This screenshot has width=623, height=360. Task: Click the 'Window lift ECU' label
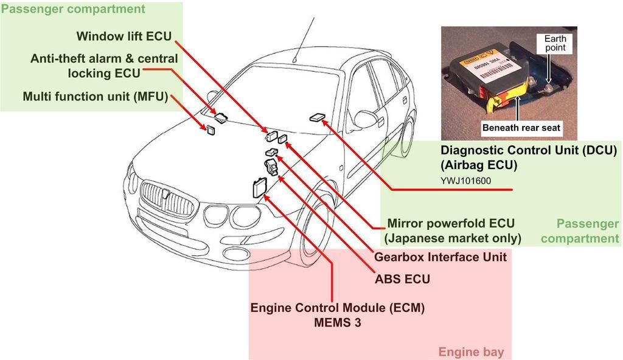(124, 36)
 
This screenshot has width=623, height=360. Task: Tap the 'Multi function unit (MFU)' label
(95, 96)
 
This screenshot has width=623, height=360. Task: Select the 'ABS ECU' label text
(402, 279)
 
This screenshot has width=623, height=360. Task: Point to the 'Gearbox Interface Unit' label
(440, 257)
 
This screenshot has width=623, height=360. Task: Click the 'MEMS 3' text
(338, 322)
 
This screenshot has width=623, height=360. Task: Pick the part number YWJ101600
(466, 180)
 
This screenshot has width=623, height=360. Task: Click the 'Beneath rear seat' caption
(521, 128)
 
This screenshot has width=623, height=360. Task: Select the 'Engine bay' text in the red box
(471, 351)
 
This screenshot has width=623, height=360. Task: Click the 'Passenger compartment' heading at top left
(73, 9)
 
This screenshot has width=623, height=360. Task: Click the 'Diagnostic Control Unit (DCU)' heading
(529, 150)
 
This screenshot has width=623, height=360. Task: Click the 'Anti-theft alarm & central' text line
(104, 59)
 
